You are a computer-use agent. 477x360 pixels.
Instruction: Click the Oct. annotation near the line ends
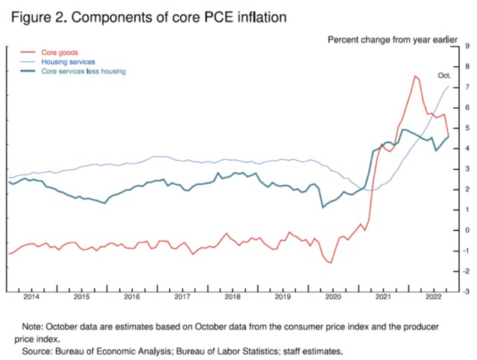[x=444, y=76]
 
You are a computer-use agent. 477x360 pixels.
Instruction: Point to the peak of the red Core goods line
[x=414, y=76]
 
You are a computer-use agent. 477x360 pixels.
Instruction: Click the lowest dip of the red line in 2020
[x=330, y=262]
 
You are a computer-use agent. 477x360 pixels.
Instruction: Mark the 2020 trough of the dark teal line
[x=322, y=207]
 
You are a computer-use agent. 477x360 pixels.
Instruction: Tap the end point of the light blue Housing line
[x=449, y=87]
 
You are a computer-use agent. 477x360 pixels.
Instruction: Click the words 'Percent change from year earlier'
[x=392, y=37]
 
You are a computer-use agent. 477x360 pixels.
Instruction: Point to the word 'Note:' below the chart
[x=34, y=326]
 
